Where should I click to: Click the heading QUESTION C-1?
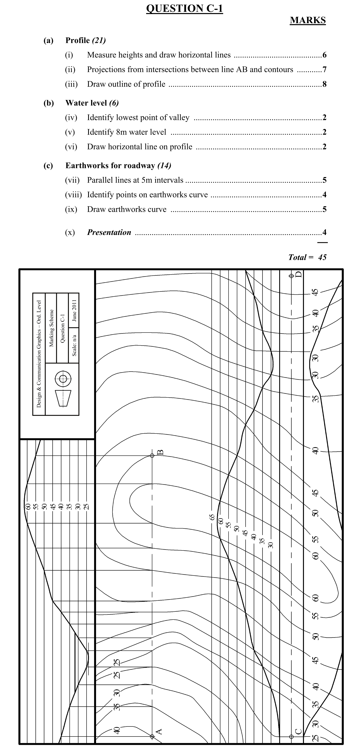click(184, 9)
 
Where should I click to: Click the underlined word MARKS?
click(308, 20)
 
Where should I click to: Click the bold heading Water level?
click(86, 103)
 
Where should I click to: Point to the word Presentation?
click(109, 232)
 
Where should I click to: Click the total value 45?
click(322, 257)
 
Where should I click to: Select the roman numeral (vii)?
click(72, 180)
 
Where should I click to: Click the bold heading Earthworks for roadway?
click(110, 166)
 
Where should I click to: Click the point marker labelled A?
click(152, 736)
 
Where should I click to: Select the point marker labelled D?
click(291, 276)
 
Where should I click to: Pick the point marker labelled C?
click(291, 737)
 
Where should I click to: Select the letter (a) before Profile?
click(48, 40)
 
